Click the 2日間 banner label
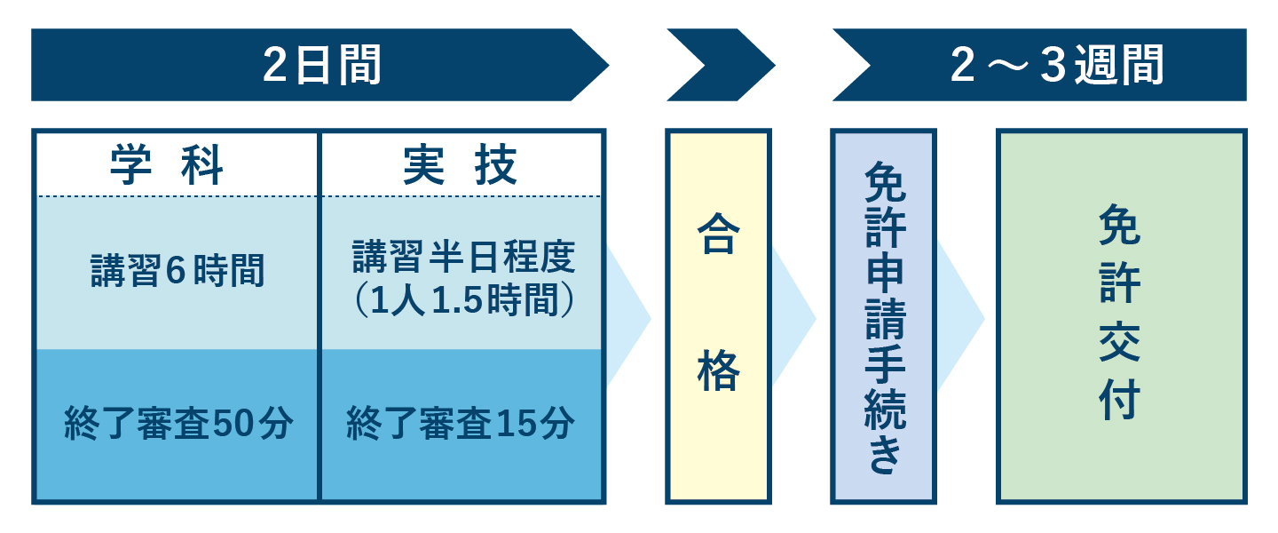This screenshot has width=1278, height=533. pos(322,65)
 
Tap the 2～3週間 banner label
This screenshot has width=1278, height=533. pos(1057,65)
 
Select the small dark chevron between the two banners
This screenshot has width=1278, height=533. pos(720,65)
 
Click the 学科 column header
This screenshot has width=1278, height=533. pos(167,165)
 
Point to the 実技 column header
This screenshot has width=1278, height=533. pos(460,165)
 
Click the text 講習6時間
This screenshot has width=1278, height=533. pos(177,270)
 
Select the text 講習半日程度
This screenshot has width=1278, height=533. pos(464,257)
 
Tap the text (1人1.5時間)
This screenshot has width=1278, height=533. pos(464,299)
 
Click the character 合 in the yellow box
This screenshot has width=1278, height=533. pos(718,234)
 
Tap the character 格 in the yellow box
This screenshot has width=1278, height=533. pos(718,370)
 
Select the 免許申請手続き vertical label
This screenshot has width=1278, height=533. pos(885,317)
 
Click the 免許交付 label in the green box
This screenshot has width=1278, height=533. pos(1120,312)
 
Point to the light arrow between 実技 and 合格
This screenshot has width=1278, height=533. pos(628,318)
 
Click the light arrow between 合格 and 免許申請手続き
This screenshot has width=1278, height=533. pos(794,318)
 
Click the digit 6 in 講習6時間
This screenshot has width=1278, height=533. pos(176,270)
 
